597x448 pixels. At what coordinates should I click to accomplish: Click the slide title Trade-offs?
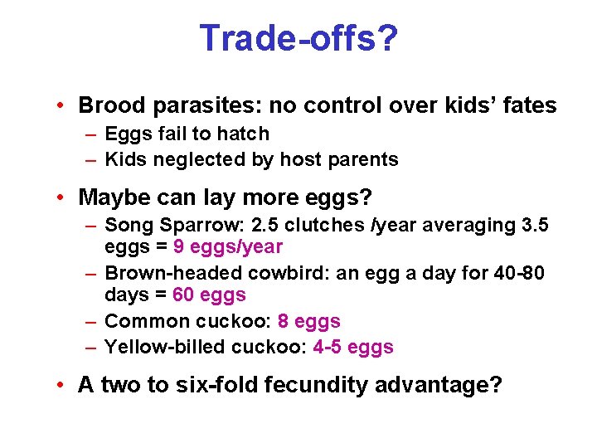(x=298, y=38)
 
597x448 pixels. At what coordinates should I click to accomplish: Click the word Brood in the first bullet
(x=107, y=105)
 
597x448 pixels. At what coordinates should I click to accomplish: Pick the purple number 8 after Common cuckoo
(x=284, y=321)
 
